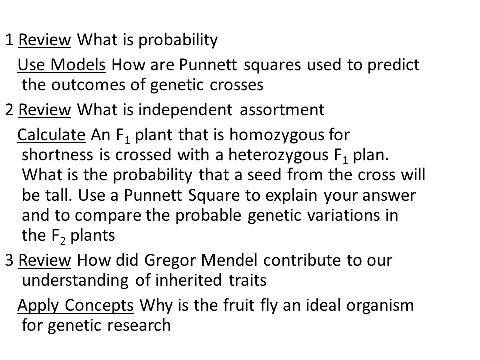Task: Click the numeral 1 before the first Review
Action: click(10, 40)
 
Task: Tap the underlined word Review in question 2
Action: click(45, 110)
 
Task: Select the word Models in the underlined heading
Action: click(78, 65)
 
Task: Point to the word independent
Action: click(185, 110)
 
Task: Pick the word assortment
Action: click(282, 110)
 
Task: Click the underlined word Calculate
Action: click(51, 135)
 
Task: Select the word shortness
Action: click(57, 155)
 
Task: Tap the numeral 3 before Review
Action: click(9, 260)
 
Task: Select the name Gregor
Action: click(170, 261)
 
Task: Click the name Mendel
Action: click(229, 260)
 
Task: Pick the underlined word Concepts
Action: click(99, 306)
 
